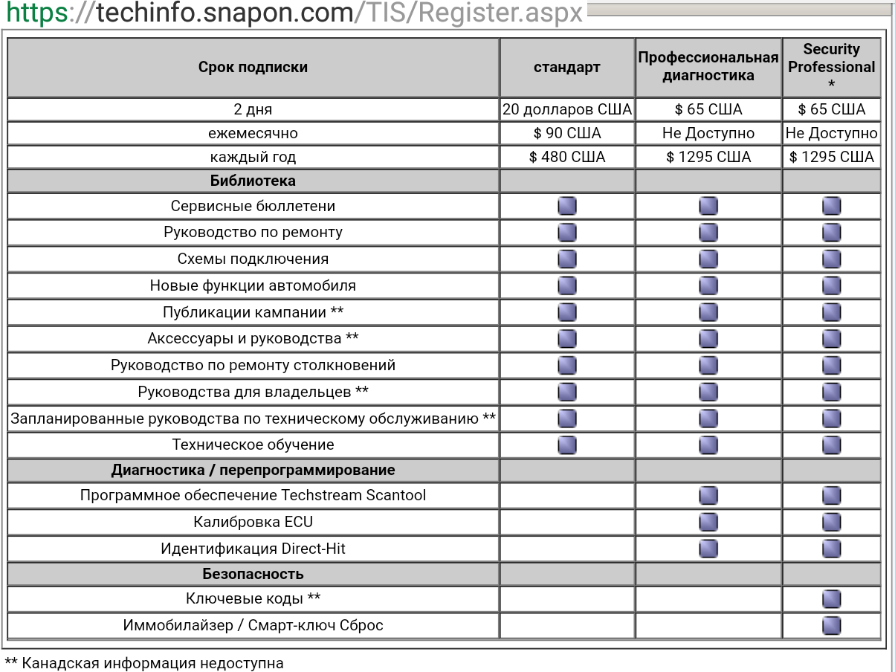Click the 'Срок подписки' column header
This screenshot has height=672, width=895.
click(x=253, y=67)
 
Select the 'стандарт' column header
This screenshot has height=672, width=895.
click(x=566, y=67)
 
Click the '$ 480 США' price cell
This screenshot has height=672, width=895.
click(x=566, y=157)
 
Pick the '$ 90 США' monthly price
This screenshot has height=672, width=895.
click(x=566, y=133)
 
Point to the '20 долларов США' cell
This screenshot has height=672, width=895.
click(x=566, y=109)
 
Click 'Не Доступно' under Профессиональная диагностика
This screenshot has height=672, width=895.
click(x=708, y=133)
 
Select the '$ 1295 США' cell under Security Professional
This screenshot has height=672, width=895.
click(x=831, y=157)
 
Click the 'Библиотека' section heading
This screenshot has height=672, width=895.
click(x=253, y=181)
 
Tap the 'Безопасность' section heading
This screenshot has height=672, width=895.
click(x=253, y=574)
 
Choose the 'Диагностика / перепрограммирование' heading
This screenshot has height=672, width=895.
click(x=253, y=470)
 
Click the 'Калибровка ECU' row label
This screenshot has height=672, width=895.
click(x=253, y=522)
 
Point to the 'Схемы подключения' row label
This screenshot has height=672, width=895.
click(x=253, y=259)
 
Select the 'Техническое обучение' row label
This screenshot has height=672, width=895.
click(x=253, y=445)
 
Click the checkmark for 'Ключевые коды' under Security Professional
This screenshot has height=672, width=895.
click(x=831, y=599)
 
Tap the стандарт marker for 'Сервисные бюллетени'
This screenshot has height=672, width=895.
click(x=566, y=206)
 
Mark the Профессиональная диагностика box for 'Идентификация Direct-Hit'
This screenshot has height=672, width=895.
click(x=708, y=549)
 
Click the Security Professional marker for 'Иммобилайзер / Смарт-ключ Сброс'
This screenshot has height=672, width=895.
click(x=831, y=625)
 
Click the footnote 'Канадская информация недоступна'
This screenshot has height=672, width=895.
click(x=152, y=663)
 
